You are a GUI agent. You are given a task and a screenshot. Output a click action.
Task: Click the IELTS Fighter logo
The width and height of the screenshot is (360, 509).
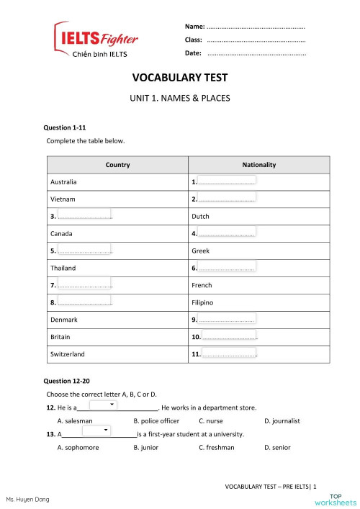(96, 40)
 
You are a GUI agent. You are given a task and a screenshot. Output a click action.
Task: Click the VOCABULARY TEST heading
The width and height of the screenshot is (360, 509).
(180, 78)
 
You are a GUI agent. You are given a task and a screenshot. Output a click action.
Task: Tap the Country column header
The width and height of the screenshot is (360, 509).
(117, 165)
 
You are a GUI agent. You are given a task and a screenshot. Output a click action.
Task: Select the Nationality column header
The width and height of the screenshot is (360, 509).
(258, 165)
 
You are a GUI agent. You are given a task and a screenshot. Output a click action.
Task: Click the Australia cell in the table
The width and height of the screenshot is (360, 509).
(64, 181)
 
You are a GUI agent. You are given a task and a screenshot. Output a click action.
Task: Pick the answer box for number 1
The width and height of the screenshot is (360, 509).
(226, 181)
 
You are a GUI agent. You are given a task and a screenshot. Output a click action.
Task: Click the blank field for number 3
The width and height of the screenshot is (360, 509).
(84, 215)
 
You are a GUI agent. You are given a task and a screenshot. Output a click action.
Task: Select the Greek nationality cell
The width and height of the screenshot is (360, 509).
(200, 251)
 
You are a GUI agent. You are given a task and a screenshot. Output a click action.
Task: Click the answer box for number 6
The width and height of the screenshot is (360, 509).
(226, 266)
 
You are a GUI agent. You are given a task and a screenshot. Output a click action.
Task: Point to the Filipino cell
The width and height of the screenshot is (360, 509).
(202, 302)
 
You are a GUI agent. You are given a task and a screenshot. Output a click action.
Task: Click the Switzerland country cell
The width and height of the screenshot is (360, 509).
(68, 354)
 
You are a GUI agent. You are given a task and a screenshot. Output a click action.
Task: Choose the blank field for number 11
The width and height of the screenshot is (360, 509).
(230, 353)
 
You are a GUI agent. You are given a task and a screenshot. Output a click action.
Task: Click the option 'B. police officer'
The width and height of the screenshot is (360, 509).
(156, 421)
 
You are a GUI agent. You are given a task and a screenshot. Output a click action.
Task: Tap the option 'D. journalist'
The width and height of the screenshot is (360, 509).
(282, 421)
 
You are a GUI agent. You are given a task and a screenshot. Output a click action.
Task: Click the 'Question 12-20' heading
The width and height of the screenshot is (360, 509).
(67, 380)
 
